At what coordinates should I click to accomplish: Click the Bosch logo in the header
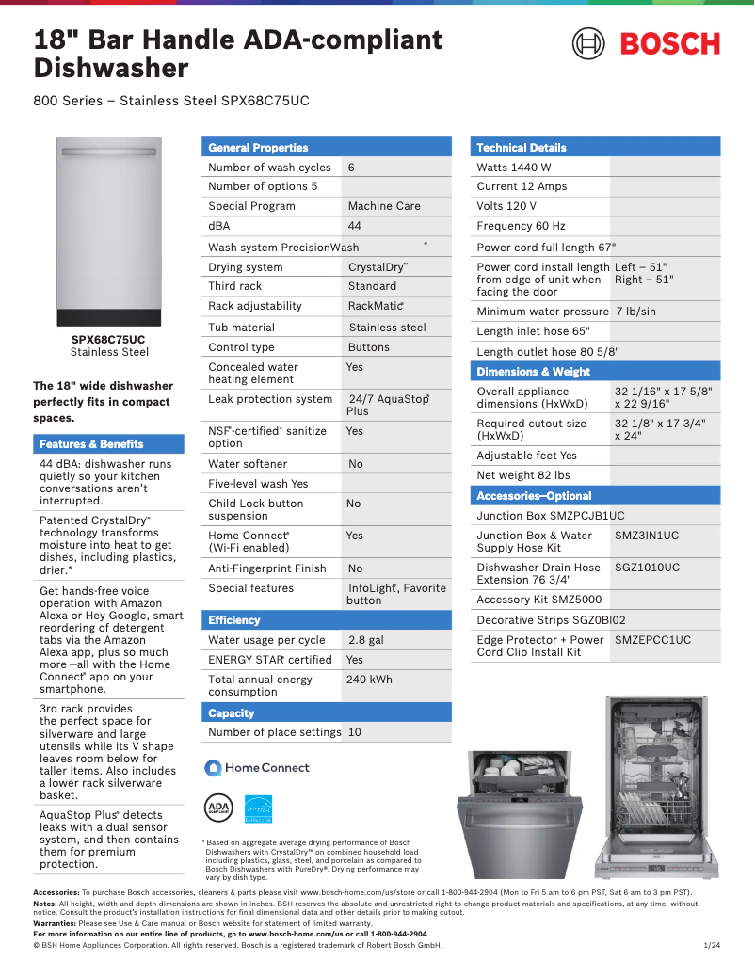point(646,43)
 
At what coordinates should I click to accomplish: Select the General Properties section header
point(258,147)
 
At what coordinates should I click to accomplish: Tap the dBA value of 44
point(354,226)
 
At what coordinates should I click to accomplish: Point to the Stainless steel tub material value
point(387,328)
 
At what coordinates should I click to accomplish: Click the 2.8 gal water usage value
point(365,640)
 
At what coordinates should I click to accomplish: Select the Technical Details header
point(521,147)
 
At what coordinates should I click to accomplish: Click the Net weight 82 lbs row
point(522,475)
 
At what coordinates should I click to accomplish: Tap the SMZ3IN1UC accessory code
point(646,536)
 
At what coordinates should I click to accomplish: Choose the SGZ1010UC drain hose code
point(647,568)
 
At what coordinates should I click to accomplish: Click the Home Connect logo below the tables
point(257,768)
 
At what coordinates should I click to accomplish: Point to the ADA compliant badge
point(217,808)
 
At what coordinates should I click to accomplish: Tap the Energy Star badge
point(259,808)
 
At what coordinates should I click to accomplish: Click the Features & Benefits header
point(91,444)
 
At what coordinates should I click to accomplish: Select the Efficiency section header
point(234,620)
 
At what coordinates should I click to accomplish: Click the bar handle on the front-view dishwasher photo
point(108,151)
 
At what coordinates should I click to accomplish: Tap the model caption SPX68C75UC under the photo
point(108,340)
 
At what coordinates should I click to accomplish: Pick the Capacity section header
point(231,713)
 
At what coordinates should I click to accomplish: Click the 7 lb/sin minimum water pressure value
point(635,312)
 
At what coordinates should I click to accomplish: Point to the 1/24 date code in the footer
point(712,944)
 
